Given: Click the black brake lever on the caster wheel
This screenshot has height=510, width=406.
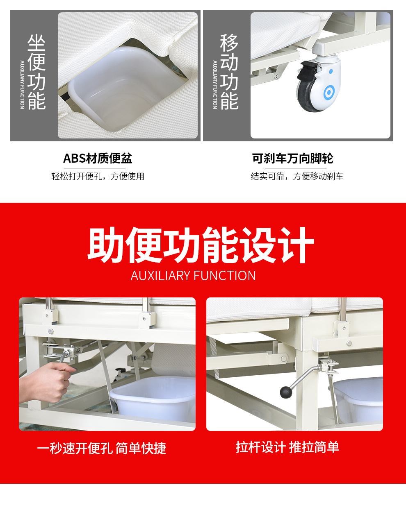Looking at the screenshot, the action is [x=308, y=70].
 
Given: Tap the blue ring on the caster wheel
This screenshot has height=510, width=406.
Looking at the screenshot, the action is [x=329, y=93].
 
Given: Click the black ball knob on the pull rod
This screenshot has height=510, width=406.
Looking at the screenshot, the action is [x=286, y=392].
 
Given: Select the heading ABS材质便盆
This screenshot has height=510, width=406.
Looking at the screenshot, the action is [x=98, y=158].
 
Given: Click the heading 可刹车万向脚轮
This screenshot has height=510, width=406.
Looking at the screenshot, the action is [x=292, y=158].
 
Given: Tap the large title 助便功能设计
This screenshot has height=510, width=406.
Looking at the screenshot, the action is [x=201, y=245].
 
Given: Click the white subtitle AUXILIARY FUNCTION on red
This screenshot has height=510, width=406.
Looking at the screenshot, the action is [x=193, y=276].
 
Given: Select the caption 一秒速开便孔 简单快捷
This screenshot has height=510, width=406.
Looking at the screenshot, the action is [x=102, y=449].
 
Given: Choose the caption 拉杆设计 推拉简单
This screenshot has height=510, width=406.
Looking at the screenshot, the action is [x=287, y=447].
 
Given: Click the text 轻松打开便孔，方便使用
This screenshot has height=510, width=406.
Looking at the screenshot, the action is [x=98, y=176].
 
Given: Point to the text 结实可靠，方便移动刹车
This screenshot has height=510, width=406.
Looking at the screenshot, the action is [x=297, y=176].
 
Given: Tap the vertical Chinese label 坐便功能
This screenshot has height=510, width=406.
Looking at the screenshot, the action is [x=36, y=72].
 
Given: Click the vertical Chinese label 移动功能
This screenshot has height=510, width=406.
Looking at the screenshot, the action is [x=229, y=72].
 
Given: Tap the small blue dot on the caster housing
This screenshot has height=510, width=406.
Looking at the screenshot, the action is [x=331, y=71].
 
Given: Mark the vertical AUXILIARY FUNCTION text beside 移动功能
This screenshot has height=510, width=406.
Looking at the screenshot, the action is [x=215, y=85].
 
